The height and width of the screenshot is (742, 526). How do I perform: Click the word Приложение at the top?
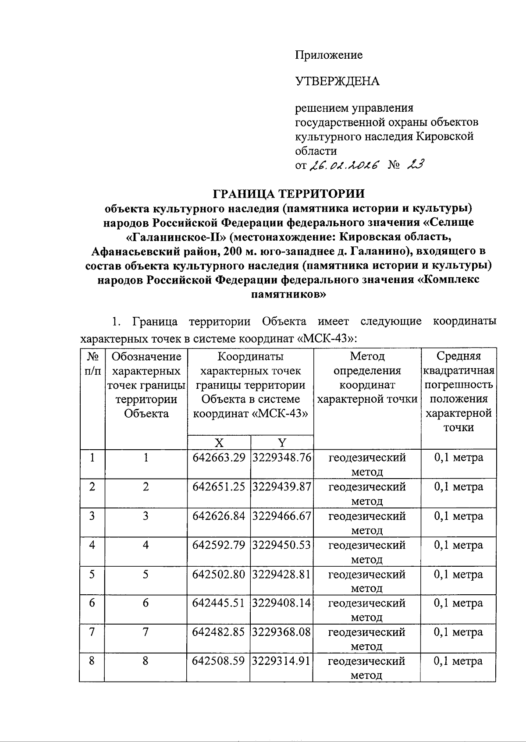329,55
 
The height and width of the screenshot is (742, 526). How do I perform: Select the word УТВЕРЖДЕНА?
337,82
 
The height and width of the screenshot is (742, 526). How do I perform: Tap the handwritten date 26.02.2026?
345,165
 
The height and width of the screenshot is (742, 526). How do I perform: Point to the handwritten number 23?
414,165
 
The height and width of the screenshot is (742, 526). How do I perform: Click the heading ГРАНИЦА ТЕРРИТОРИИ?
289,194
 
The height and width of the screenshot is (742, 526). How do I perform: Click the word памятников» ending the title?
289,295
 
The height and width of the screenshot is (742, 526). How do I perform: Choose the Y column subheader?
282,442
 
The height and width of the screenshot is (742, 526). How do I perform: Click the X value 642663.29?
219,458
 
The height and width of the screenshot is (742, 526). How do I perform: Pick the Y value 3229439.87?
282,487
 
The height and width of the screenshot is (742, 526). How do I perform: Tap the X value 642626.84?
219,516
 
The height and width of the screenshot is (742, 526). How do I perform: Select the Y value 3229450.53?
282,545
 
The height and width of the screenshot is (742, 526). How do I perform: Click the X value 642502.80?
219,574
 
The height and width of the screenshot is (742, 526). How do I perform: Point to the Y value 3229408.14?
282,603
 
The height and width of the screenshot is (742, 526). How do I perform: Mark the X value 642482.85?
219,632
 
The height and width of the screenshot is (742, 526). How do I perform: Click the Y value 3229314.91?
282,661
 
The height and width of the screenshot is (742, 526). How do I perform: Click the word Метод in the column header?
367,356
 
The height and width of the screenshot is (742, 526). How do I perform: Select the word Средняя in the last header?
458,356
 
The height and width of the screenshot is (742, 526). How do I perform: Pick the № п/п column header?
92,363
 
